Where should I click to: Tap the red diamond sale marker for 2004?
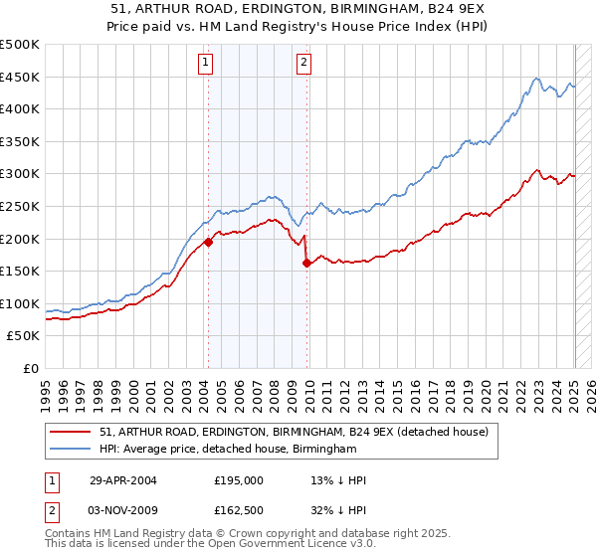tap(208, 242)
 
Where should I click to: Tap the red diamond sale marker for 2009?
tap(306, 263)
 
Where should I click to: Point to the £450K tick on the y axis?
tap(20, 77)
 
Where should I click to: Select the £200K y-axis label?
tap(20, 239)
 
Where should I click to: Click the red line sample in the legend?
tap(70, 432)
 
